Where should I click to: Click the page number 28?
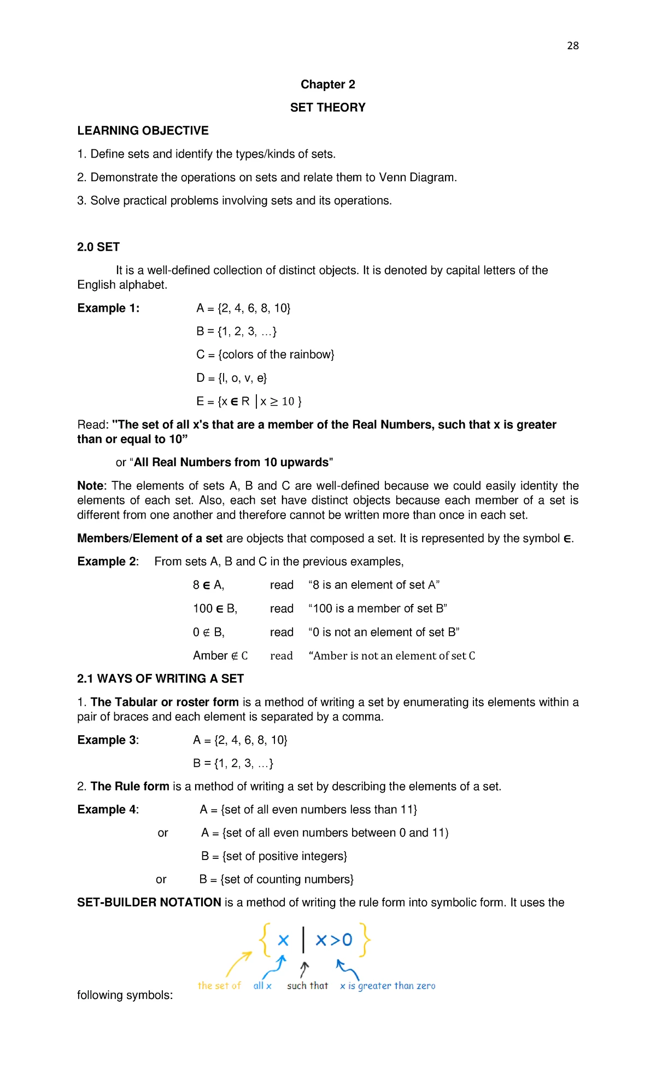pyautogui.click(x=572, y=45)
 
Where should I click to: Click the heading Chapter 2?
pyautogui.click(x=327, y=84)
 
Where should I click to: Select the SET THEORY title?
pyautogui.click(x=327, y=107)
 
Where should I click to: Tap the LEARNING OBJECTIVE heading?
pyautogui.click(x=143, y=131)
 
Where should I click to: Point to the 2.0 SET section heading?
pyautogui.click(x=98, y=247)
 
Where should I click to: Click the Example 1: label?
pyautogui.click(x=108, y=308)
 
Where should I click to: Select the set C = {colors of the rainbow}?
pyautogui.click(x=265, y=354)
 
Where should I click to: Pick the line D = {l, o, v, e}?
pyautogui.click(x=231, y=378)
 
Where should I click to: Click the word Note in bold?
pyautogui.click(x=90, y=486)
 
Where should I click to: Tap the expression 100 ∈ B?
pyautogui.click(x=215, y=608)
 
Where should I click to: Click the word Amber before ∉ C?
pyautogui.click(x=210, y=655)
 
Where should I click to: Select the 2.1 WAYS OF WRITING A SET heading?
pyautogui.click(x=160, y=678)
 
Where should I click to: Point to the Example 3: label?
pyautogui.click(x=108, y=740)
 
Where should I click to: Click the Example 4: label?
pyautogui.click(x=108, y=810)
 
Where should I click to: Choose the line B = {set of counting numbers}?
pyautogui.click(x=276, y=879)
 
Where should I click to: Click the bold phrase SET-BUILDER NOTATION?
pyautogui.click(x=149, y=902)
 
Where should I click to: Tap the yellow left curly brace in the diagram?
pyautogui.click(x=265, y=939)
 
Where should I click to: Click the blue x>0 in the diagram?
pyautogui.click(x=334, y=940)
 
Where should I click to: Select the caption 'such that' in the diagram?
pyautogui.click(x=307, y=985)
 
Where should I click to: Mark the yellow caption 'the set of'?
pyautogui.click(x=219, y=985)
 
